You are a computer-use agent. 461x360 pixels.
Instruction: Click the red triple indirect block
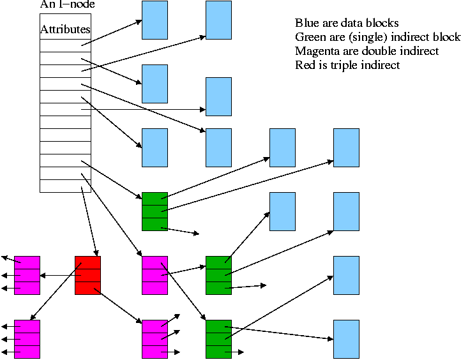(x=87, y=275)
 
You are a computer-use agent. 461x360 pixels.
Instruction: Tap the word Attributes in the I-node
(x=65, y=30)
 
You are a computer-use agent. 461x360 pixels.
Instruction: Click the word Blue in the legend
(x=306, y=23)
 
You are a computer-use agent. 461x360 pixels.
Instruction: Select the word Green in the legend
(x=311, y=37)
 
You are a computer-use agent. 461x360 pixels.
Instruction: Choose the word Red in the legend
(x=305, y=65)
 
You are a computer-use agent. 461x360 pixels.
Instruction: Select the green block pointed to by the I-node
(x=155, y=211)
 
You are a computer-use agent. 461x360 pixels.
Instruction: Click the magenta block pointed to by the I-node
(x=155, y=275)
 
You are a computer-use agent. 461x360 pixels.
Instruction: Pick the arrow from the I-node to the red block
(x=89, y=221)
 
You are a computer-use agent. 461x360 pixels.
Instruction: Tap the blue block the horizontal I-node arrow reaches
(x=218, y=97)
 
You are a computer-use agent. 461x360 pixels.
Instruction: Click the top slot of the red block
(x=87, y=262)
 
